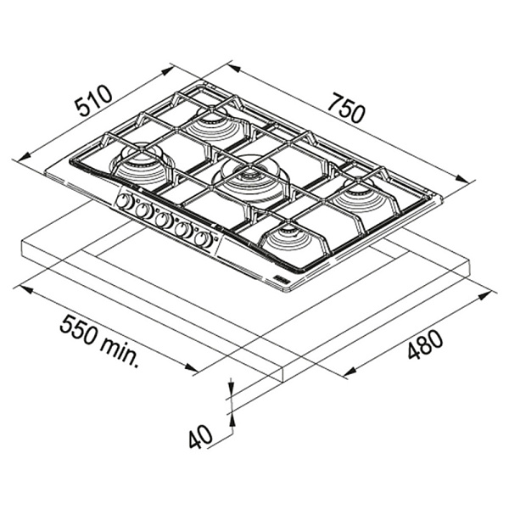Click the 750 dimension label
click(347, 108)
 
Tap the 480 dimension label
click(425, 344)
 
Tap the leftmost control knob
click(125, 202)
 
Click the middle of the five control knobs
click(164, 220)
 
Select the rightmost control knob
click(204, 239)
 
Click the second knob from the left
click(144, 210)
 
